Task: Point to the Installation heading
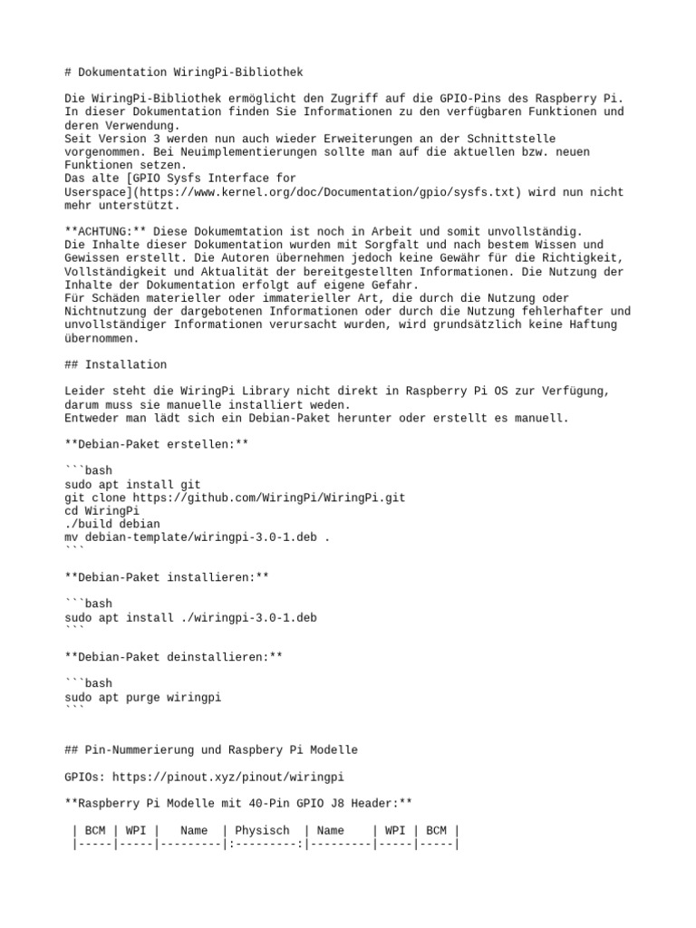(x=126, y=364)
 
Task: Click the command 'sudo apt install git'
(x=132, y=485)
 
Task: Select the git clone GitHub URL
(x=269, y=498)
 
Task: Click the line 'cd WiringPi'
(x=95, y=511)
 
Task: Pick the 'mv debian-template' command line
(x=197, y=537)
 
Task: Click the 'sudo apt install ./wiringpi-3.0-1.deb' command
(x=190, y=617)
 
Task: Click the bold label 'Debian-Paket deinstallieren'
(x=173, y=657)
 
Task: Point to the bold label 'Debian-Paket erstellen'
(x=156, y=444)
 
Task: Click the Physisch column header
(x=262, y=830)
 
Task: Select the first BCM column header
(x=95, y=830)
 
